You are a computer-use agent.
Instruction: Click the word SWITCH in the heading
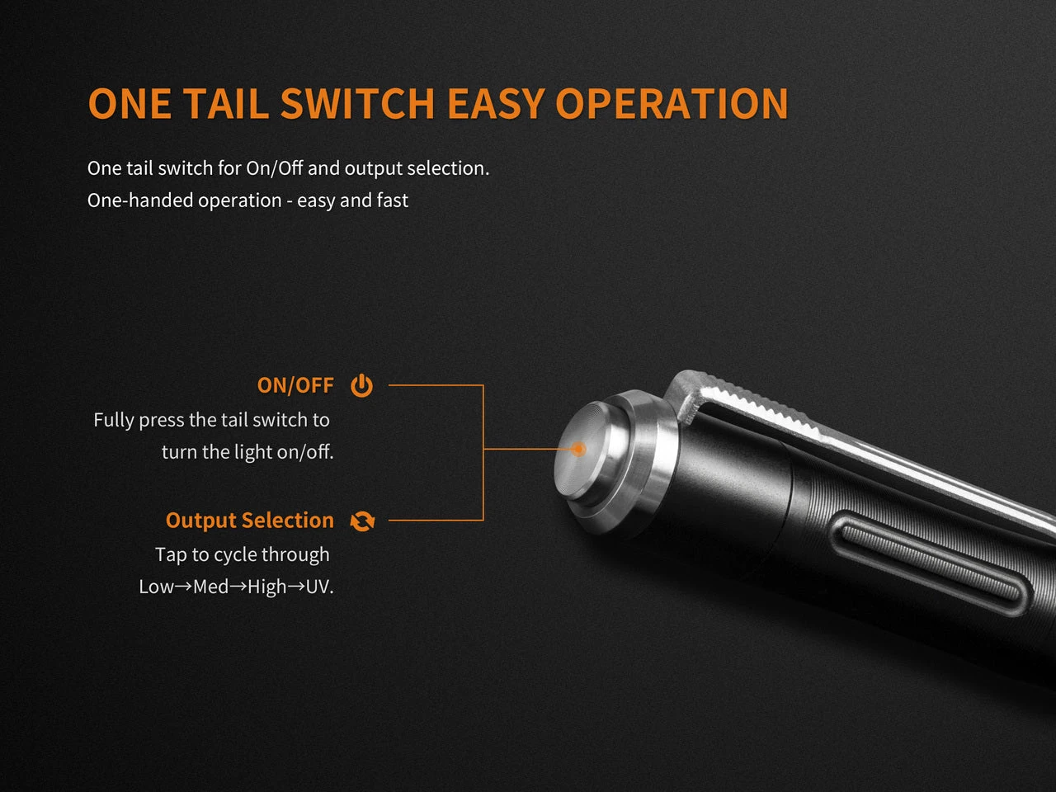(357, 104)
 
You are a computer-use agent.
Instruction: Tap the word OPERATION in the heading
(672, 104)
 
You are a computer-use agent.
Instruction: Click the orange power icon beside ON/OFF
(361, 385)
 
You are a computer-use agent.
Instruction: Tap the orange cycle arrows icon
(362, 521)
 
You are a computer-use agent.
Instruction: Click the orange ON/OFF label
(295, 385)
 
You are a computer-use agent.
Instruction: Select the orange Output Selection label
(249, 521)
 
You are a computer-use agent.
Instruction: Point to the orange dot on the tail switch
(579, 449)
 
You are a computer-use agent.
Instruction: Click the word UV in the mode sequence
(318, 587)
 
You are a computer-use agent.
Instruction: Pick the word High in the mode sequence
(266, 587)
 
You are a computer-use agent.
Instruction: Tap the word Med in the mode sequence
(210, 587)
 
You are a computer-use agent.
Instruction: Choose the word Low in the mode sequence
(157, 587)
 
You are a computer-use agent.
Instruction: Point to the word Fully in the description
(113, 420)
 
